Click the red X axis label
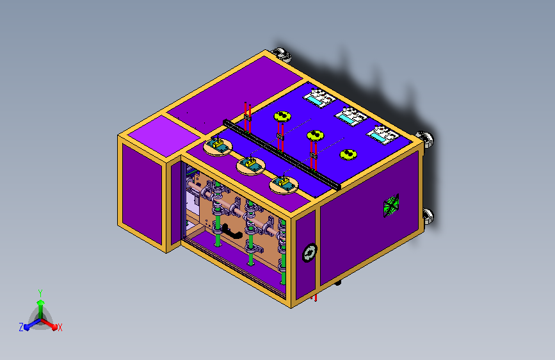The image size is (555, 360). (x=60, y=328)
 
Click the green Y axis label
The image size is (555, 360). (x=40, y=293)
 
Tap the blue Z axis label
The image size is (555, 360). (x=21, y=327)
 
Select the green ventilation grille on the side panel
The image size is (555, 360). (x=391, y=205)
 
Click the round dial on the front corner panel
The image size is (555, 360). (x=309, y=252)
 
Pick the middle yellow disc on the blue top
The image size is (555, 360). (x=315, y=135)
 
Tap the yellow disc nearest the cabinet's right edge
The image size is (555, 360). (x=348, y=154)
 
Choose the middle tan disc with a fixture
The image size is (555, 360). (x=250, y=165)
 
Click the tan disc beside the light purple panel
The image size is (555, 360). (x=218, y=146)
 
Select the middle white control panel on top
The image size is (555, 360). (x=351, y=116)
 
